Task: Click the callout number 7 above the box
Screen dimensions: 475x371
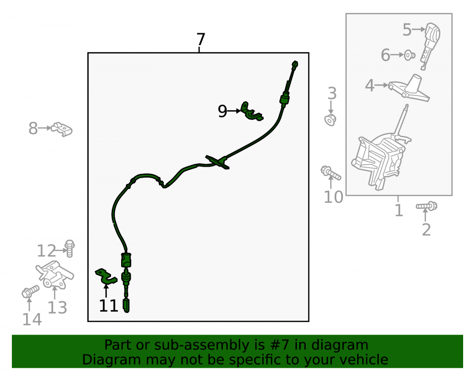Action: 200,39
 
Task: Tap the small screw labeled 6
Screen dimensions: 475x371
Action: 409,55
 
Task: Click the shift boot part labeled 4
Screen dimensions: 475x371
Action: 409,88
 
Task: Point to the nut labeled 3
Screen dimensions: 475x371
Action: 331,120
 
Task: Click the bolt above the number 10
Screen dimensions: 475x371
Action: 331,172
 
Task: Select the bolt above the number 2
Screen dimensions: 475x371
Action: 427,206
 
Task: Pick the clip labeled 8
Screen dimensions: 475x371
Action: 62,129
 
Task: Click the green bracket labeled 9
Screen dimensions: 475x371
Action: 251,112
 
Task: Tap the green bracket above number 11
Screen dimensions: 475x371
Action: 106,276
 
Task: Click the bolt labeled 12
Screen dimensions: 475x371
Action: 70,248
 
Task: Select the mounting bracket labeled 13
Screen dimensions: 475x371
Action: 55,275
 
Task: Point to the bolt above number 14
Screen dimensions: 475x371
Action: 30,291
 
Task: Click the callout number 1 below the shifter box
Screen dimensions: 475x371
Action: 399,210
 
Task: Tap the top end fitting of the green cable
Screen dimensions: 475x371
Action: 294,64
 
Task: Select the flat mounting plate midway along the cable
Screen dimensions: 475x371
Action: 217,162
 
